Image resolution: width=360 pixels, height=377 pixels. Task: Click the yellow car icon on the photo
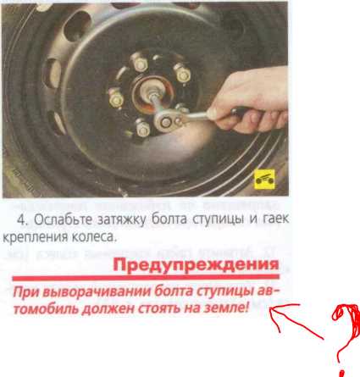264,180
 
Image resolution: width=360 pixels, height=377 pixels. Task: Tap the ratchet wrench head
167,121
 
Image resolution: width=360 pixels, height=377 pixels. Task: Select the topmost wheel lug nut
140,64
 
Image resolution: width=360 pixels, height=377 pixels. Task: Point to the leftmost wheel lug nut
116,98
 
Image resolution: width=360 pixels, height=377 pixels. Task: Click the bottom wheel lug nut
142,128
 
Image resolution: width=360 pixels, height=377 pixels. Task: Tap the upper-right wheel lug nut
182,74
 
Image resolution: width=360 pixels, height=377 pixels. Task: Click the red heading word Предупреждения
196,264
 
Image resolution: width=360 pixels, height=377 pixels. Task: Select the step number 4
22,220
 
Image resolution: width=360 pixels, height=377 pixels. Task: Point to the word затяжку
122,220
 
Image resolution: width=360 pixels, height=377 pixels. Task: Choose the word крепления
35,238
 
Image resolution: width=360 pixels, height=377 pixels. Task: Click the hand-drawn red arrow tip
270,308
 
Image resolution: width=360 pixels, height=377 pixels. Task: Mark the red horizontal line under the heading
146,278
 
